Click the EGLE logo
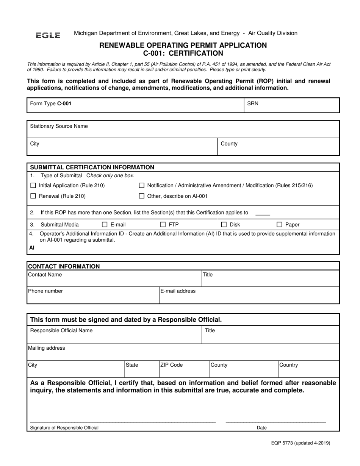48,35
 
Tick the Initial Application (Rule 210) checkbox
33,186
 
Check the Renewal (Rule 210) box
33,196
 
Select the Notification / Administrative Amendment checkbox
142,186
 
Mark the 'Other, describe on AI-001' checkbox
142,196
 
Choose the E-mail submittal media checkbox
105,225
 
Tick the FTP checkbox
163,225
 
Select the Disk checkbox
224,225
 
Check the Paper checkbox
279,225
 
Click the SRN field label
253,103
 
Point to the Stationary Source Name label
59,126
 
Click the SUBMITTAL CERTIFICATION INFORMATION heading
92,167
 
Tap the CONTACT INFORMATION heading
64,266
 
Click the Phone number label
45,291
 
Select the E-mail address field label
178,291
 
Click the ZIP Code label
171,365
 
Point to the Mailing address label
47,348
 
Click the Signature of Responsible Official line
123,421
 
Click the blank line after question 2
263,214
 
